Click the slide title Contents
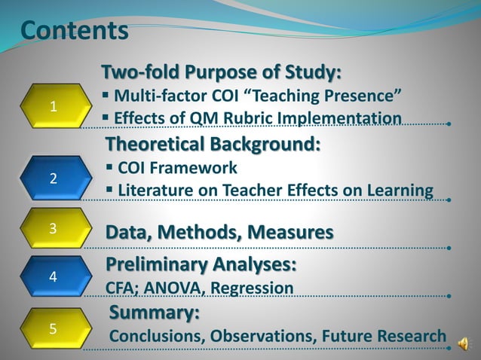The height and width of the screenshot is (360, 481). (x=74, y=31)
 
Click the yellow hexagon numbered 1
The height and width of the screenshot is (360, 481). (x=53, y=106)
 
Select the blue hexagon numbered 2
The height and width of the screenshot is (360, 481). (x=53, y=178)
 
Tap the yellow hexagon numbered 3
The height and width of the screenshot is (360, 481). (x=53, y=229)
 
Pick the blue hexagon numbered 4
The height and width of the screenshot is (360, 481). (x=53, y=276)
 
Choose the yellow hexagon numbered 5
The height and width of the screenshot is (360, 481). (x=53, y=328)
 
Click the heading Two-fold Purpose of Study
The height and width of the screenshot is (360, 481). (x=222, y=73)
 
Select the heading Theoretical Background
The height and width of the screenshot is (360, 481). (x=213, y=143)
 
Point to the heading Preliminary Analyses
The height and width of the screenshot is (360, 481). (x=201, y=265)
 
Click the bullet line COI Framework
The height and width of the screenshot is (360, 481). (x=177, y=167)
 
